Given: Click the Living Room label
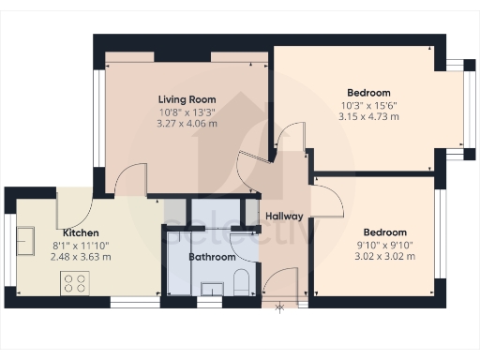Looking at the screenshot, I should [187, 99].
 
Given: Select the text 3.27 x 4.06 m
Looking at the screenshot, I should [187, 123].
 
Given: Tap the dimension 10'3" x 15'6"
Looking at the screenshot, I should [368, 105].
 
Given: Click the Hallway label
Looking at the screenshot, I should [283, 217].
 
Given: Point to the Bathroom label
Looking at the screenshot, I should [212, 255].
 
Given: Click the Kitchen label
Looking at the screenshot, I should [82, 232].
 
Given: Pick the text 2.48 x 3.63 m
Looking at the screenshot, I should [82, 256].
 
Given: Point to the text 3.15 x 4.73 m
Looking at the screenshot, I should [368, 117].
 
